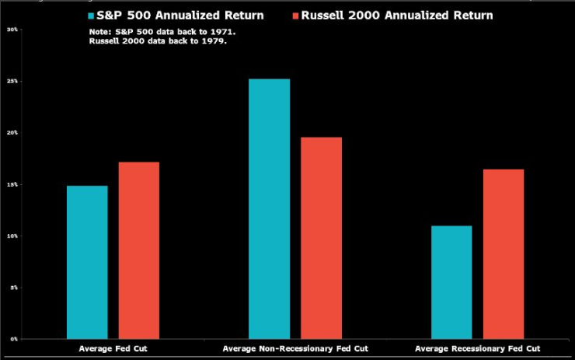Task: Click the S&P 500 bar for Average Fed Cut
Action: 87,262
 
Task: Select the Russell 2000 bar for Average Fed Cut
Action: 138,250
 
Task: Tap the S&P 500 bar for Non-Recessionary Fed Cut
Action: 269,208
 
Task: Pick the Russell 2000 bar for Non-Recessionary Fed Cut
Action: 321,238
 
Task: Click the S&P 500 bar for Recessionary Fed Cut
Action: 451,282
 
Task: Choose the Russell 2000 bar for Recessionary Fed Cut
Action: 503,253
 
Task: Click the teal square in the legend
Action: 91,16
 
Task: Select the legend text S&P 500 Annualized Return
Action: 180,16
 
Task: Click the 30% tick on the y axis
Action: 12,30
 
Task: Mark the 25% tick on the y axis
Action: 12,81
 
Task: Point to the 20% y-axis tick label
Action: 12,133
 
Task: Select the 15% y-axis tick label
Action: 12,184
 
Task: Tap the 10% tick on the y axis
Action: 12,236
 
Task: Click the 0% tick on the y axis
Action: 13,339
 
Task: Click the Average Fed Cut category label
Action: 112,348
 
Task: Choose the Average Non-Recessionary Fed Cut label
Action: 294,348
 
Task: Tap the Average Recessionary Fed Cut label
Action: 477,348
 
